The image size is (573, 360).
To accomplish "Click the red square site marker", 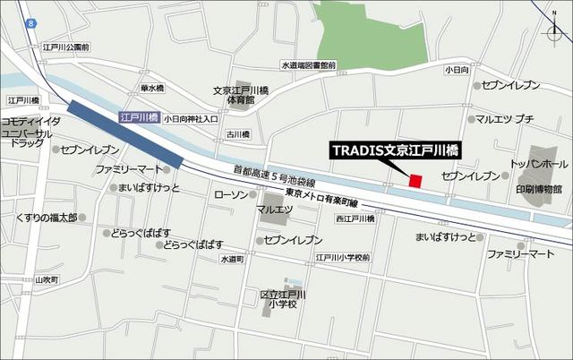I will [415, 182].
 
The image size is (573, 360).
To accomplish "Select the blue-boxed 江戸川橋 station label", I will [138, 117].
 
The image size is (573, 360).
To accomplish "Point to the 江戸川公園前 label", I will [67, 47].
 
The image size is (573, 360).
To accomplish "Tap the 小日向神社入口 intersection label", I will [190, 118].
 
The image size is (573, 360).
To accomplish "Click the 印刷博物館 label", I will [538, 189].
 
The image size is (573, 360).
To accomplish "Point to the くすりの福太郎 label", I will [46, 218].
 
